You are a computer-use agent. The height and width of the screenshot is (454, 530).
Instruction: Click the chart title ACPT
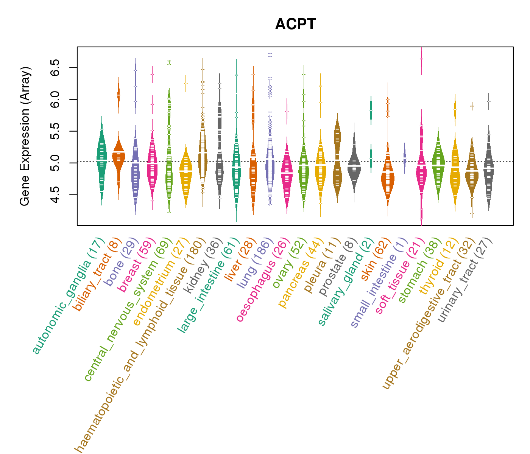(x=295, y=24)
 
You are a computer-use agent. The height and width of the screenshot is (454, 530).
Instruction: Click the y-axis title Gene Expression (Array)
(x=25, y=136)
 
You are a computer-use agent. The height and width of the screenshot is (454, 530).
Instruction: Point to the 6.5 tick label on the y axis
(x=56, y=68)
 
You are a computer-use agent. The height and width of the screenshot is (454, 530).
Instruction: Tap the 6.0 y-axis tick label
(x=56, y=100)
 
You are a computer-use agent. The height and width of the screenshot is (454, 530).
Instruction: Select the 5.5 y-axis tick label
(x=56, y=131)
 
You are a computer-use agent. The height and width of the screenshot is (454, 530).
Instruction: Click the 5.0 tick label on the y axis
(x=56, y=163)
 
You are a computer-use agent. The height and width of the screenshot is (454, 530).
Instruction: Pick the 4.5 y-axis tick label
(x=56, y=195)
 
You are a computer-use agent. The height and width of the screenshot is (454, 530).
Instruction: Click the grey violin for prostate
(x=354, y=163)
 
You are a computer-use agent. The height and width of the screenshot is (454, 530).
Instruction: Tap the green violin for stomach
(x=438, y=163)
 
